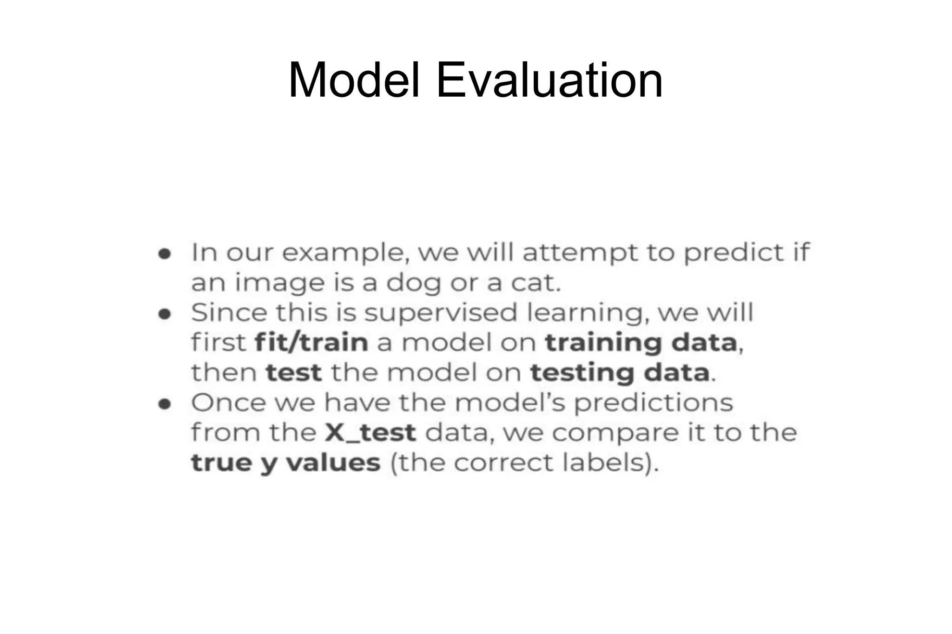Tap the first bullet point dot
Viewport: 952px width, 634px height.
coord(165,254)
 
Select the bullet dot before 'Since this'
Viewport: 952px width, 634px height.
coord(165,314)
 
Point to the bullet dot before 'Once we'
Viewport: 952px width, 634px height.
coord(165,404)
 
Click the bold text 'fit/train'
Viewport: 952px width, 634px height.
coord(311,343)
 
